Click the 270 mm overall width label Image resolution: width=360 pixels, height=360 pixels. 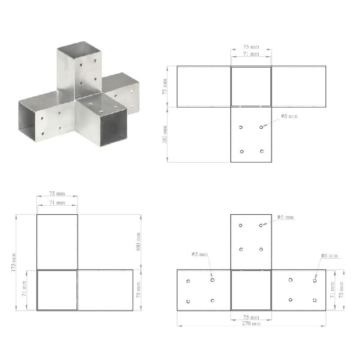[251, 323]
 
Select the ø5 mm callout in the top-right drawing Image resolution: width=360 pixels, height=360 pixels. [289, 116]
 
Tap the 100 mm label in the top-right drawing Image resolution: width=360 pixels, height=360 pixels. [165, 135]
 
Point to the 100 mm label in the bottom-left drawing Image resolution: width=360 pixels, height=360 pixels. [139, 242]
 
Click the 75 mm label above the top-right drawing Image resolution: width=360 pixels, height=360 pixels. [251, 47]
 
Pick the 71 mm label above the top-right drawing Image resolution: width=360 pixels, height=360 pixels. [251, 54]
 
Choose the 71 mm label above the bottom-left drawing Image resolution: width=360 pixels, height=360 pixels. [57, 203]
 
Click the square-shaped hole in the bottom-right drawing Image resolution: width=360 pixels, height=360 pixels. [315, 300]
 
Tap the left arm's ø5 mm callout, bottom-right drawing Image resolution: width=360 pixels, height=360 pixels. [200, 254]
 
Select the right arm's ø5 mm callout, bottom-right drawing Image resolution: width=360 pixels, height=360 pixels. [329, 256]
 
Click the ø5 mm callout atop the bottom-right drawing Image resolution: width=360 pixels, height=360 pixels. [285, 217]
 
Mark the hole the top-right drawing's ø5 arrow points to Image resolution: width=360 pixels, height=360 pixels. [261, 128]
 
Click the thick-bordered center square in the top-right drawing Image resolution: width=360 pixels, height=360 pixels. [251, 86]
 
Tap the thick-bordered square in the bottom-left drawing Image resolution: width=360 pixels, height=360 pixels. [57, 290]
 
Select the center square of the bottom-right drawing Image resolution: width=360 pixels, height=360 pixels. [251, 290]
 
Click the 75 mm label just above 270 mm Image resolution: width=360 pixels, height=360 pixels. [251, 317]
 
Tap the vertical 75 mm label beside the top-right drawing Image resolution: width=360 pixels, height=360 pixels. [165, 85]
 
